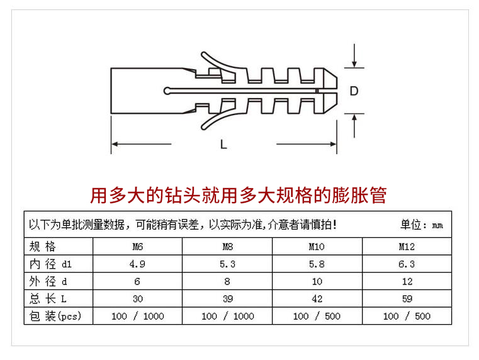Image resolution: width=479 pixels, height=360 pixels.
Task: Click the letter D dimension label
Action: point(354,91)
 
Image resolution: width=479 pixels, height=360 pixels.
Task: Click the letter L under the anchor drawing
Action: point(223,144)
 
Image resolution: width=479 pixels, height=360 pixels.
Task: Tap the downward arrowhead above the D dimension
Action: point(354,64)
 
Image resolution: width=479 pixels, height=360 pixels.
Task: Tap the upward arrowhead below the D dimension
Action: point(354,118)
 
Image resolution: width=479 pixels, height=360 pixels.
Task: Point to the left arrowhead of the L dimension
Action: point(115,144)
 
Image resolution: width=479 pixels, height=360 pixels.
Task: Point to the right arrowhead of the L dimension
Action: point(333,144)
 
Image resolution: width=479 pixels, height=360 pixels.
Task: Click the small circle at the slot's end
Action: point(167,91)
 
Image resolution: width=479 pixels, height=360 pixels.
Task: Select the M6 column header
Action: point(137,247)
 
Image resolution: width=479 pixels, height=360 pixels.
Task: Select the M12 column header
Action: point(407,247)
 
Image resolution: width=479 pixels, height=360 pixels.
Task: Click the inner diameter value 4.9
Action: point(137,264)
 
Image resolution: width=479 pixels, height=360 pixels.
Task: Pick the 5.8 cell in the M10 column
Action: point(317,264)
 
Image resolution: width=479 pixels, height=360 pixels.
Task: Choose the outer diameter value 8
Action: point(227,281)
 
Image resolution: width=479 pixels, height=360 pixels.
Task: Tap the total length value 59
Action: point(407,298)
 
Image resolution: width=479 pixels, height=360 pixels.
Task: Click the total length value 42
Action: point(317,298)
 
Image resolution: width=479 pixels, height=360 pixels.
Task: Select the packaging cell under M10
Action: point(317,316)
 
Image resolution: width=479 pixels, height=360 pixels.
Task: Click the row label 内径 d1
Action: point(50,264)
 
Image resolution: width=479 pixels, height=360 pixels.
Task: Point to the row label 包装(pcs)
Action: point(55,316)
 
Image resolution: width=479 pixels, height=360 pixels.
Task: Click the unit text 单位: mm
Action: point(422,225)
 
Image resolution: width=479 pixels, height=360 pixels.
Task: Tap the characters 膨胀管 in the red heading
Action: point(359,196)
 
